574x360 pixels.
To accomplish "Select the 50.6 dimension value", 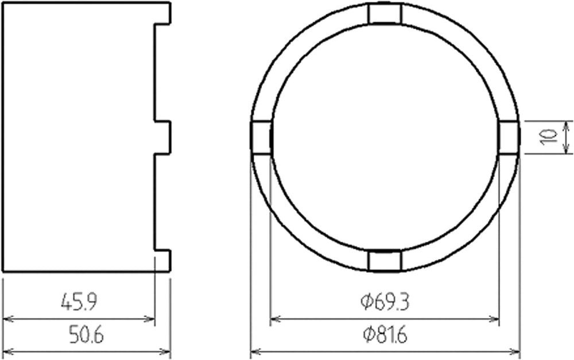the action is click(87, 334).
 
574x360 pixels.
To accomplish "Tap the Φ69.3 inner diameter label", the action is click(385, 301).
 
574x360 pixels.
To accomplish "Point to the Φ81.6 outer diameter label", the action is click(385, 334).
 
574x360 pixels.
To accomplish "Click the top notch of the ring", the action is click(385, 13).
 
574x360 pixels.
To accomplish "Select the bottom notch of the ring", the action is click(385, 261).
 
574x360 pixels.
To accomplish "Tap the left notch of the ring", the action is click(261, 137).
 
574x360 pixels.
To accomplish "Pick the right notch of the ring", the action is click(509, 137).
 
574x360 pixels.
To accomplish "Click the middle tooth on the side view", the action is click(162, 137).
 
